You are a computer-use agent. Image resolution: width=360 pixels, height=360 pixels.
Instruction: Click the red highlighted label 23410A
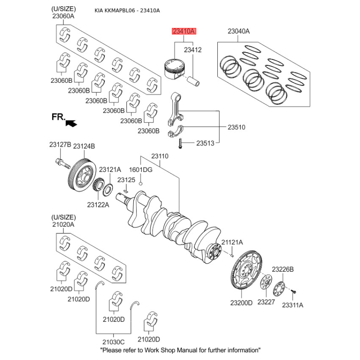[x=183, y=31]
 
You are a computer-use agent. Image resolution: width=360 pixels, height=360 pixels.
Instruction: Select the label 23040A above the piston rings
[x=238, y=31]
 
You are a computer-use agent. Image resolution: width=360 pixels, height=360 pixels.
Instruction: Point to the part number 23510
[x=236, y=127]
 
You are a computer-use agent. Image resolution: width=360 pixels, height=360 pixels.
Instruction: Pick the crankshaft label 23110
[x=159, y=156]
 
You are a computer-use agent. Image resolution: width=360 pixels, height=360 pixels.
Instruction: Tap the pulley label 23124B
[x=84, y=146]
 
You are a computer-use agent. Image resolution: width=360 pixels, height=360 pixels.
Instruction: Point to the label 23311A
[x=292, y=305]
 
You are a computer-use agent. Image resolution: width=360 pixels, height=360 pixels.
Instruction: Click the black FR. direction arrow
[x=71, y=121]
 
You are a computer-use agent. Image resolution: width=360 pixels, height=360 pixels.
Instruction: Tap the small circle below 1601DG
[x=141, y=184]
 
